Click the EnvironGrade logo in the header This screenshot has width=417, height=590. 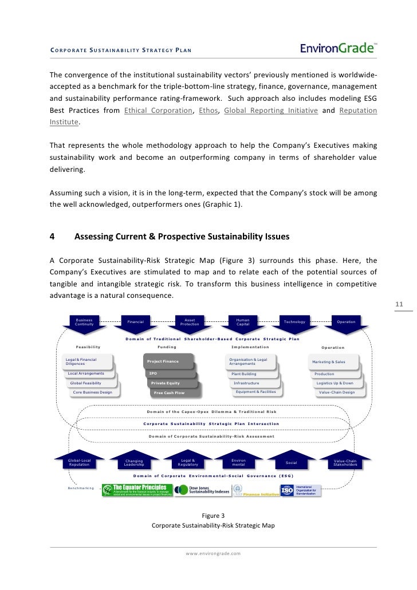[x=339, y=49]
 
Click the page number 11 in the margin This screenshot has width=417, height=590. [x=400, y=304]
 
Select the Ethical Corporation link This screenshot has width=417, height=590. [x=158, y=110]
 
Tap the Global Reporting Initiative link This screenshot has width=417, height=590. [x=271, y=110]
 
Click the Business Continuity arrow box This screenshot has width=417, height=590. [x=84, y=322]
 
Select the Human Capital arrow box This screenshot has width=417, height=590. [x=243, y=322]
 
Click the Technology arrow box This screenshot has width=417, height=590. [x=294, y=322]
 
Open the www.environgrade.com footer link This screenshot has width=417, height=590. [x=213, y=553]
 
